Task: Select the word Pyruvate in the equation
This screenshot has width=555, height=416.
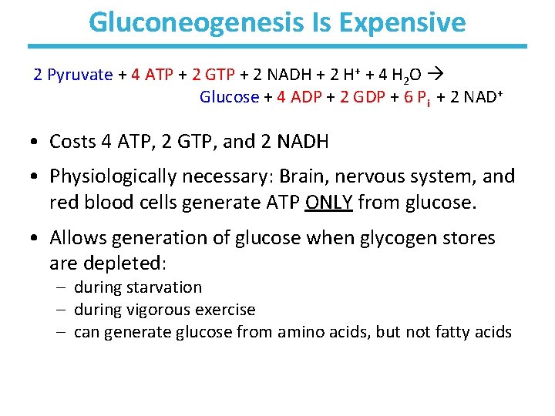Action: [80, 75]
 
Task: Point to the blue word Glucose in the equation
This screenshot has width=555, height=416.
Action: [229, 97]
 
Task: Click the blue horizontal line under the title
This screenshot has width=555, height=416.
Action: [277, 46]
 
